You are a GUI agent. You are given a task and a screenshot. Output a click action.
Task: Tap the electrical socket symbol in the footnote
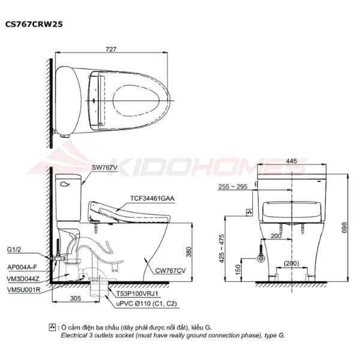53,328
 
